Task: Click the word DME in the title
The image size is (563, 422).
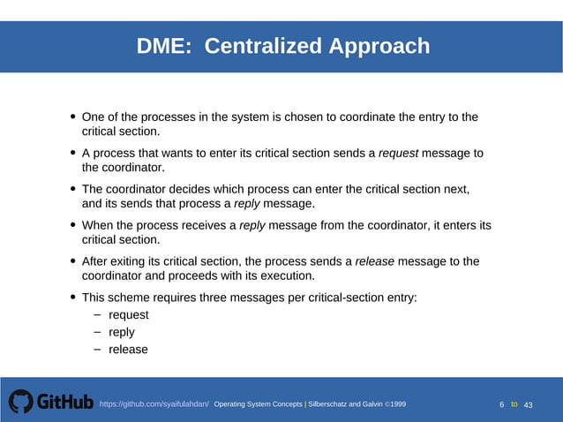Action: [x=163, y=46]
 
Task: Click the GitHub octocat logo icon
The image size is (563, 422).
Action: [x=20, y=403]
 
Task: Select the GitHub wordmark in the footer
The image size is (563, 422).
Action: [x=64, y=403]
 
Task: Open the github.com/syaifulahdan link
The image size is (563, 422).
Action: [x=154, y=403]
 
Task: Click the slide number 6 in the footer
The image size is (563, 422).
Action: [x=502, y=404]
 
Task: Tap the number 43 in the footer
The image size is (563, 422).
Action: [x=529, y=404]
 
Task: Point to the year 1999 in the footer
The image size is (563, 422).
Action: [x=397, y=403]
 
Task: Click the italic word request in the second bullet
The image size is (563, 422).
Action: [x=398, y=153]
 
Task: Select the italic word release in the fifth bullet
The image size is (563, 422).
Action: [x=374, y=261]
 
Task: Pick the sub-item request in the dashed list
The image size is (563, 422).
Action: [x=129, y=315]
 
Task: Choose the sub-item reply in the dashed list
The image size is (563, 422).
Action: [x=122, y=332]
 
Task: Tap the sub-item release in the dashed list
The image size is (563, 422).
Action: [x=128, y=350]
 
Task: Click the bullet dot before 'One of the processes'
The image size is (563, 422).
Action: [x=72, y=117]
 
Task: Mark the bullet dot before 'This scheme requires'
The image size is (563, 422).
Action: [x=72, y=298]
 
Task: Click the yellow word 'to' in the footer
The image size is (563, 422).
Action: [x=514, y=404]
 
